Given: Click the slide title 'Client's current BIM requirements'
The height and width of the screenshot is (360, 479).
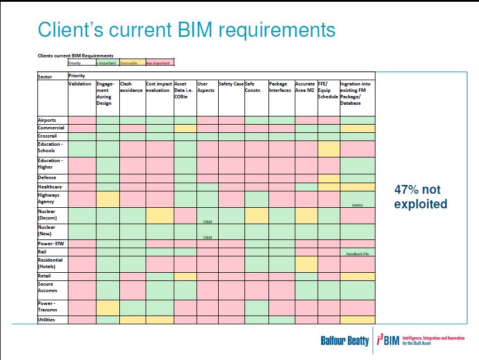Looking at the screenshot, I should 187,29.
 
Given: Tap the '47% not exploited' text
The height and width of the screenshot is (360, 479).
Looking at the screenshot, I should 421,197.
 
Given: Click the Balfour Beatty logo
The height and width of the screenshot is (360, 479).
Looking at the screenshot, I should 344,340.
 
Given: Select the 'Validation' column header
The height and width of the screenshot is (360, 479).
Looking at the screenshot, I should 80,84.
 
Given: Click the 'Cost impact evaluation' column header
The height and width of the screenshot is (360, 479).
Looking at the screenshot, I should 159,87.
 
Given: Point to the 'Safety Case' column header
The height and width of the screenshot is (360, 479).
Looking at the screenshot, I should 231,84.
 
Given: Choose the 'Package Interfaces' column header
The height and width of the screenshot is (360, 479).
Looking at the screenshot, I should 280,87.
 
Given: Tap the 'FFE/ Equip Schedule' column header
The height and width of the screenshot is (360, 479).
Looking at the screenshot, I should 328,90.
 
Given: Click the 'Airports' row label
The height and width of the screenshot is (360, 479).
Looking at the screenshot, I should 47,120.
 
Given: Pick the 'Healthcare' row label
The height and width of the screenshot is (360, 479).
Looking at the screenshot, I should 50,187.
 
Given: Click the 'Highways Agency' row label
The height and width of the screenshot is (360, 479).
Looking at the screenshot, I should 49,198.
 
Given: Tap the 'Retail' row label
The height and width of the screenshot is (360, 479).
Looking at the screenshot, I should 44,276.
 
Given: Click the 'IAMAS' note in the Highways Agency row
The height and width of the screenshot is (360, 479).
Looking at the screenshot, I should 357,205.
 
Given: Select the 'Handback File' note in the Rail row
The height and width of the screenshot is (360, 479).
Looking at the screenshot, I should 357,253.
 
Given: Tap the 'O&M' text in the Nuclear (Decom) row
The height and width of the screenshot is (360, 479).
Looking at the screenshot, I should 207,221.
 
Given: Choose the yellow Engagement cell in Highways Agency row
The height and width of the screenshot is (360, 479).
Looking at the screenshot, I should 108,199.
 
